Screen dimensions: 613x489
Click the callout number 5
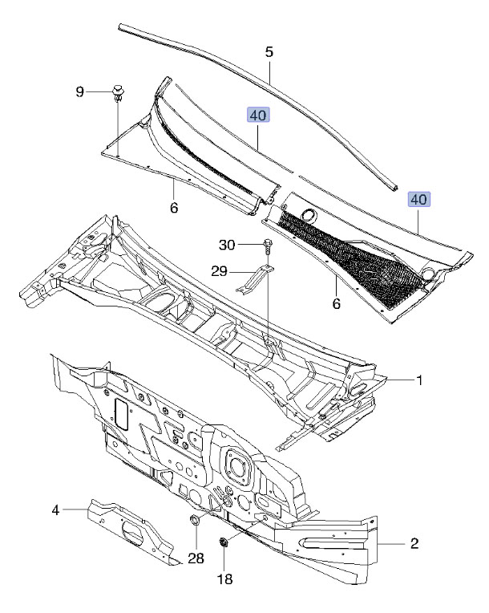269,51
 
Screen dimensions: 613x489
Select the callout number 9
80,92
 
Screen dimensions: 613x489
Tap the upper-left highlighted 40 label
257,116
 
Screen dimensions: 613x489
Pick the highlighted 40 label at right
418,199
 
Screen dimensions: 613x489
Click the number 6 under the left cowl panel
174,209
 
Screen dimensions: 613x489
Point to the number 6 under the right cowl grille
337,304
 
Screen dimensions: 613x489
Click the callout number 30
227,245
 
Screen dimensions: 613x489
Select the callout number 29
219,273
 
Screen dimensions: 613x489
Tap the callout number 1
418,380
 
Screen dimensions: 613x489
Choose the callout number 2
414,545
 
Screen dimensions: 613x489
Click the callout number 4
56,509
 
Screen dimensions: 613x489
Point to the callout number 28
196,558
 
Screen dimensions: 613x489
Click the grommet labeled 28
193,524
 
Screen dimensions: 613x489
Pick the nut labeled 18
225,544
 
